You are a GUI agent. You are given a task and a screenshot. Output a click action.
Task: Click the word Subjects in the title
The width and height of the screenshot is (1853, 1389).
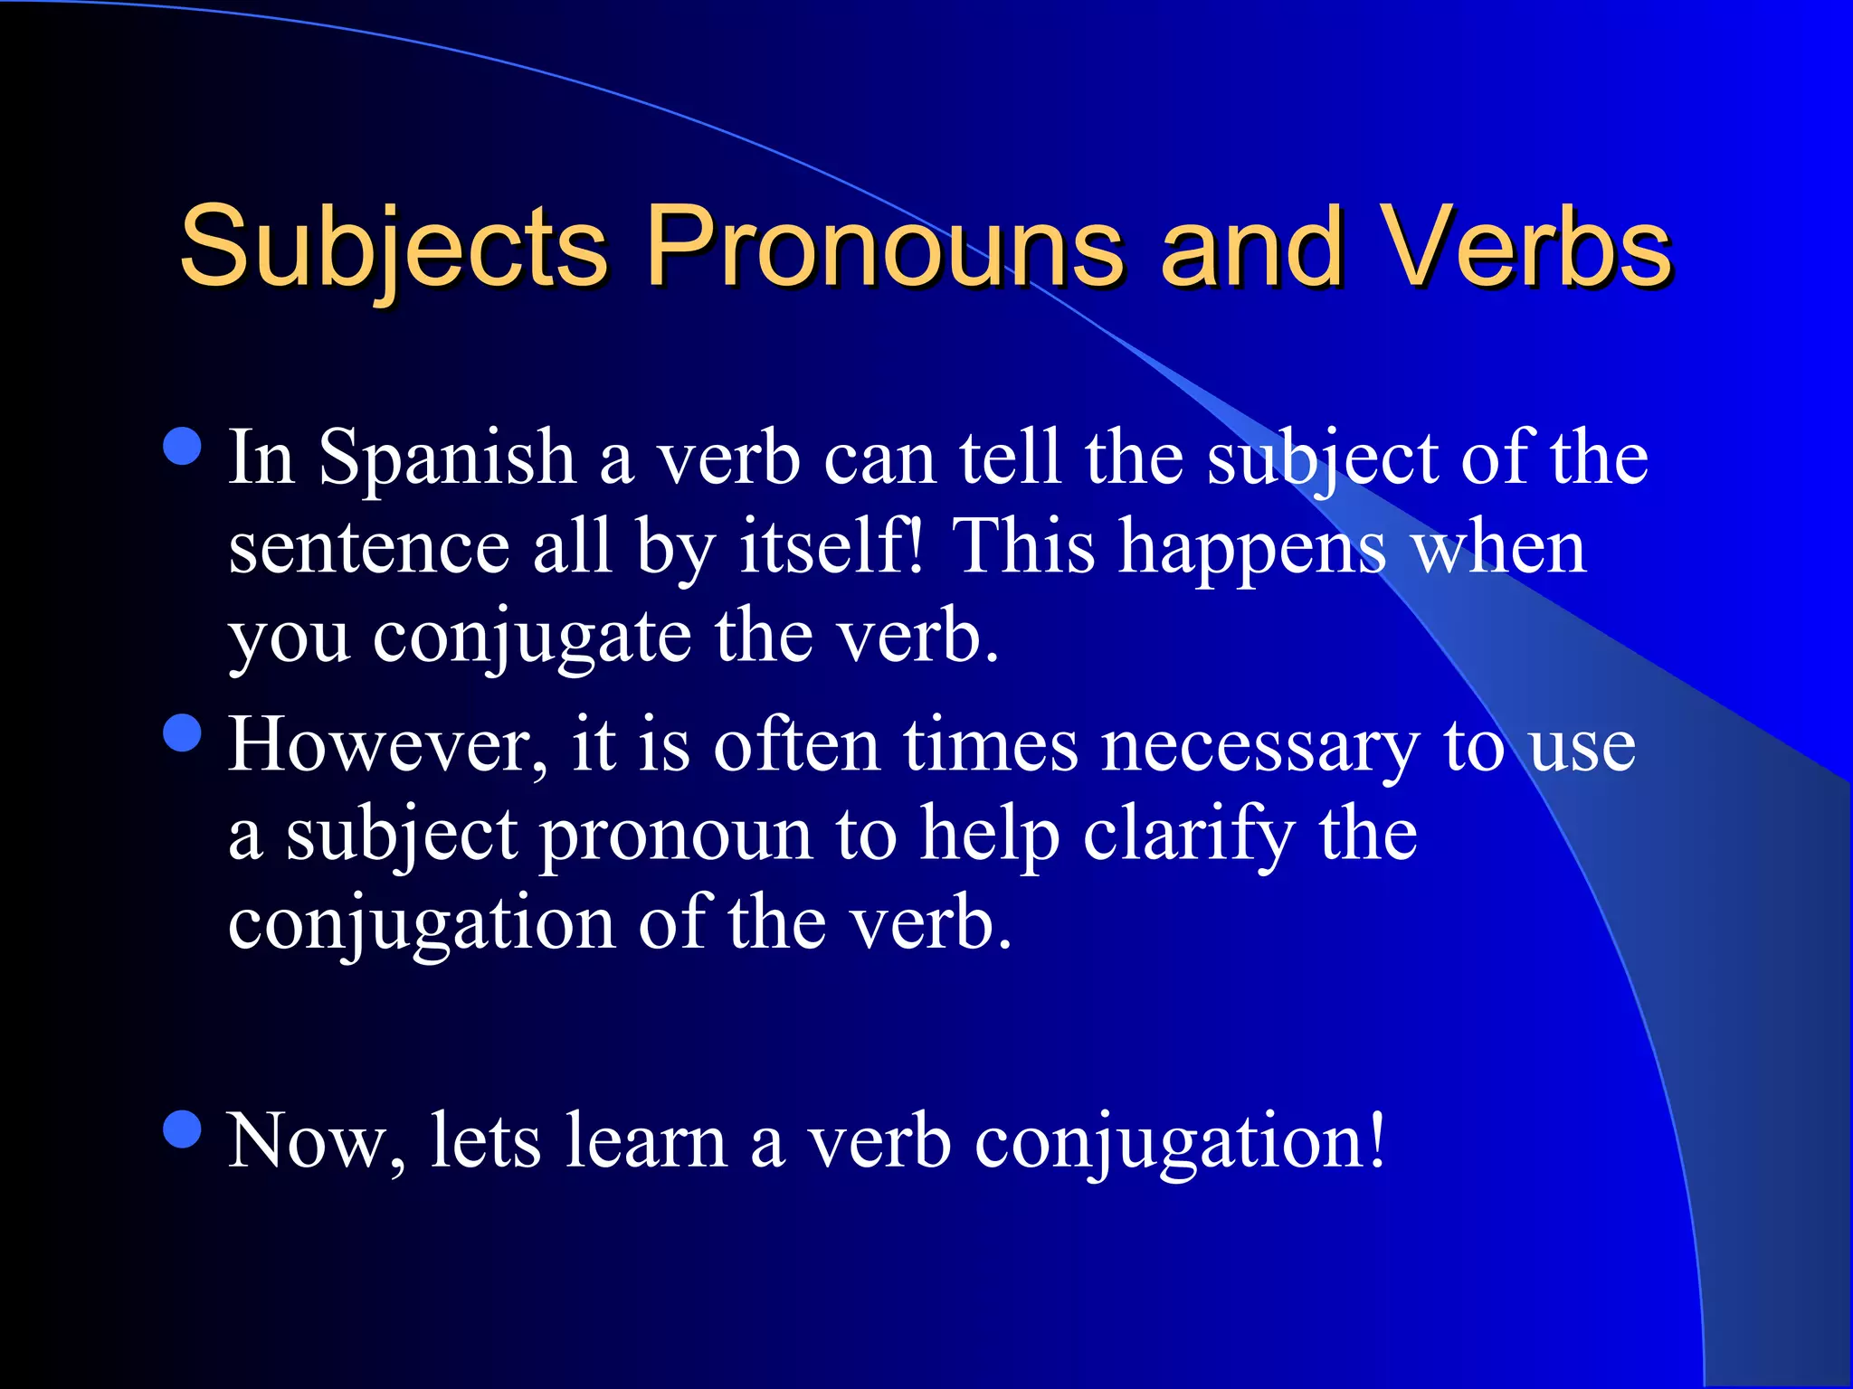pyautogui.click(x=393, y=246)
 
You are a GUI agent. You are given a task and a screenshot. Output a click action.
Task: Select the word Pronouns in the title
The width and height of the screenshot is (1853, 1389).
pyautogui.click(x=883, y=246)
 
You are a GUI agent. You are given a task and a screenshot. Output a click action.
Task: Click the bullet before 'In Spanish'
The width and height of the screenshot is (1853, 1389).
pyautogui.click(x=184, y=446)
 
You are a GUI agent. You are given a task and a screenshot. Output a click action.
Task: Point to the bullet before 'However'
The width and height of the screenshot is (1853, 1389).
pyautogui.click(x=184, y=732)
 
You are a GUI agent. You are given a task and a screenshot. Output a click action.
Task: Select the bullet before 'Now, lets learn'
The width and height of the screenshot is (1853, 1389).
pyautogui.click(x=184, y=1129)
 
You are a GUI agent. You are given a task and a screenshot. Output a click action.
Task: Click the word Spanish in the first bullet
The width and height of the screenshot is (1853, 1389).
pyautogui.click(x=447, y=459)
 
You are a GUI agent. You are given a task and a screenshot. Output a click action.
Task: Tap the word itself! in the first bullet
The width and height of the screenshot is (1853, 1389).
pyautogui.click(x=833, y=548)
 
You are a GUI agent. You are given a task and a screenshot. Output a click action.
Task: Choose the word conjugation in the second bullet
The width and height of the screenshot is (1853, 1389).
pyautogui.click(x=422, y=924)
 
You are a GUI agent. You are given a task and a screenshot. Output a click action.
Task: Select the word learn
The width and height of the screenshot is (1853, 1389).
pyautogui.click(x=646, y=1141)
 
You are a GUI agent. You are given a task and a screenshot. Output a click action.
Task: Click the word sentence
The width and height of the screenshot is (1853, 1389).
pyautogui.click(x=369, y=548)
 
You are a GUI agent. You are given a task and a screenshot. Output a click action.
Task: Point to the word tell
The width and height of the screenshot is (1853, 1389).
pyautogui.click(x=1010, y=458)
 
